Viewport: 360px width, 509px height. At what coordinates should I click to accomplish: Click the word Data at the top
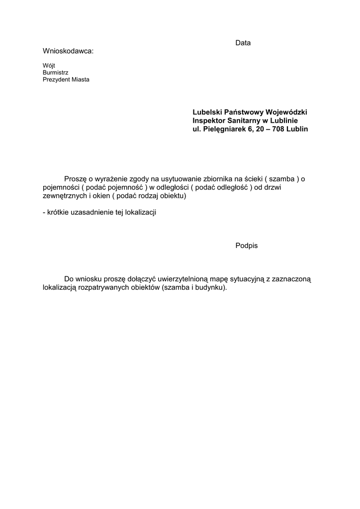pyautogui.click(x=243, y=43)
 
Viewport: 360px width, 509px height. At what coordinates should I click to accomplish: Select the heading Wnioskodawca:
pyautogui.click(x=68, y=51)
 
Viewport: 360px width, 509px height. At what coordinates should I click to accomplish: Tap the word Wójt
pyautogui.click(x=49, y=65)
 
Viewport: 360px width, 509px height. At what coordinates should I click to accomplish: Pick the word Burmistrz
pyautogui.click(x=56, y=73)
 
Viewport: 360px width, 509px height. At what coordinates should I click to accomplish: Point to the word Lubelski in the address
pyautogui.click(x=206, y=112)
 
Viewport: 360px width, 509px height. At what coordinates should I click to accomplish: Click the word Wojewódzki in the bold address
pyautogui.click(x=289, y=112)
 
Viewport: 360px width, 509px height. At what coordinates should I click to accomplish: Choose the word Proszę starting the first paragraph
pyautogui.click(x=76, y=179)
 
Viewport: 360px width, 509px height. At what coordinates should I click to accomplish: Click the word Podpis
pyautogui.click(x=247, y=246)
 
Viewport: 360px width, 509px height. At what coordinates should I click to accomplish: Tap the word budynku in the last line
pyautogui.click(x=211, y=288)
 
